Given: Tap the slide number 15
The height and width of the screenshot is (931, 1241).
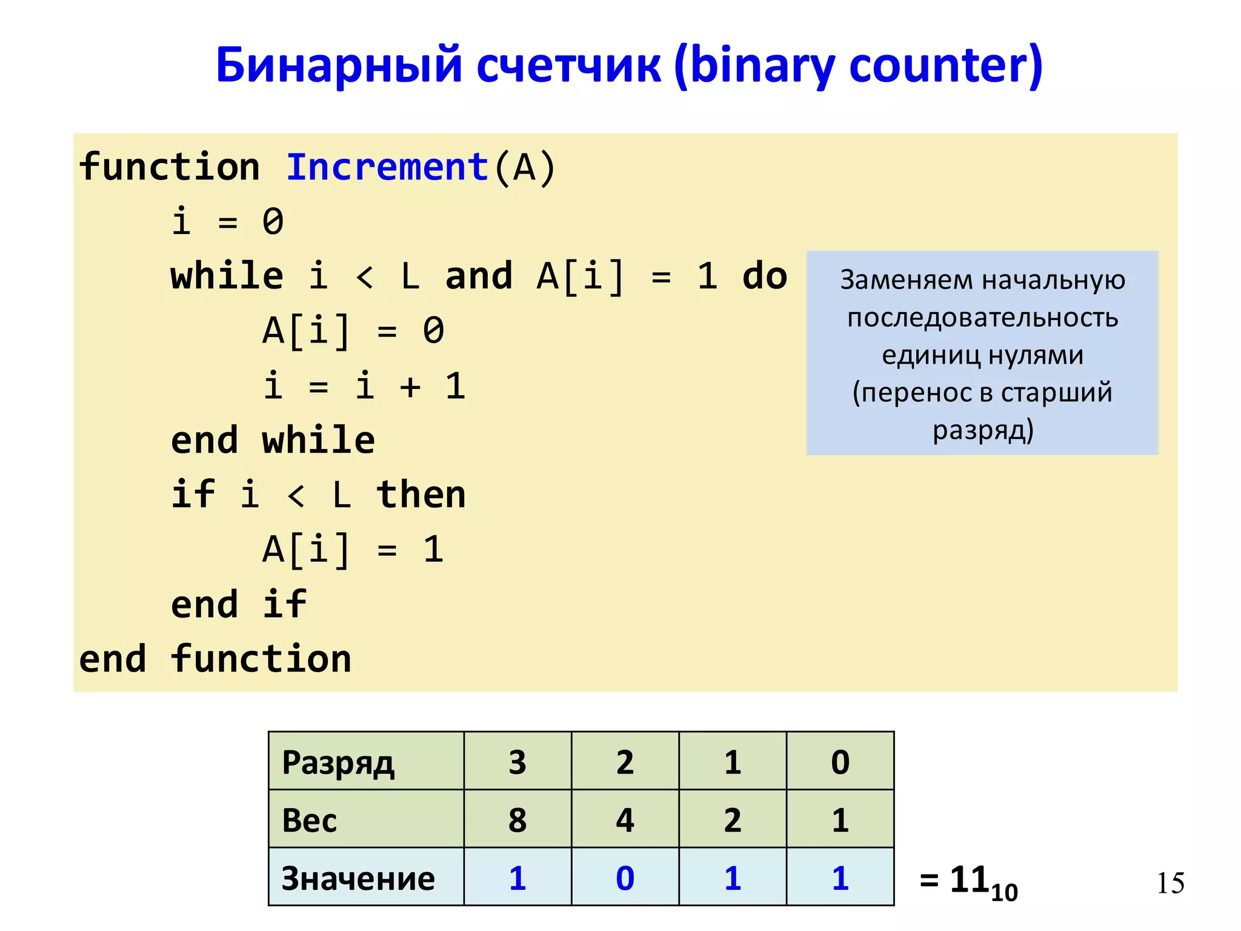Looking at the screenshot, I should pos(1170,883).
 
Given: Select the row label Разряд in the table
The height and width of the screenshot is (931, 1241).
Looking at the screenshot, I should pos(338,762).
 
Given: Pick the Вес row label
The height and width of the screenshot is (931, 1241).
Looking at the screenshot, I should pos(310,820).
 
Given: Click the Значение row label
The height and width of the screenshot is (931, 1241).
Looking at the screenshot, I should pos(358,878).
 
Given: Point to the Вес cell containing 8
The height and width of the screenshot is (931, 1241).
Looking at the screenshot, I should pos(517,820).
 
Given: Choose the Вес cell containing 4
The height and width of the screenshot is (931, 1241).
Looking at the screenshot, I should pos(625,820).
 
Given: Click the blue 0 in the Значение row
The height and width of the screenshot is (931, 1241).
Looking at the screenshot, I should pos(625,878).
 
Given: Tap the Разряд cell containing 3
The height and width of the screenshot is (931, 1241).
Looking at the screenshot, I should pos(517,762).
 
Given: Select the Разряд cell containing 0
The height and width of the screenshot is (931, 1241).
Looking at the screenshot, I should pos(840,762).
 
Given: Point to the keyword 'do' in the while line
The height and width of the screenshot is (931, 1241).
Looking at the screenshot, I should pos(765,276).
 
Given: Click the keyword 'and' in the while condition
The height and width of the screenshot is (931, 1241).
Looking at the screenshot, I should pos(479,276).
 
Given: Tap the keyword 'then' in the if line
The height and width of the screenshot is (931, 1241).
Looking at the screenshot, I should pos(421,495).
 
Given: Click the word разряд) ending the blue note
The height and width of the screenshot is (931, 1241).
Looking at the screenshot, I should pos(983,430).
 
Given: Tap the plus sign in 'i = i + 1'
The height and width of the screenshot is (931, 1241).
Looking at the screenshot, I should pos(410,386).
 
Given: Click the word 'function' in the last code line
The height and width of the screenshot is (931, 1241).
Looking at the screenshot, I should pos(261,659).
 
